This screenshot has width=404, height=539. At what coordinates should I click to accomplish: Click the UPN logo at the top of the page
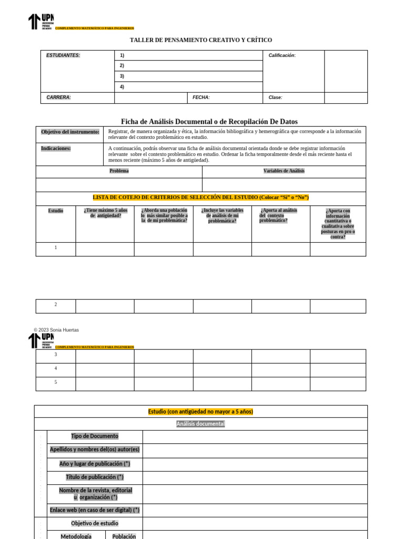pos(41,22)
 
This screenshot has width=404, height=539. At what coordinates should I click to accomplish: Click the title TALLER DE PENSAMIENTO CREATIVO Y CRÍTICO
pos(201,40)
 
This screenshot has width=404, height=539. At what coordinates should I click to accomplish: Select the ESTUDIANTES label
pos(63,55)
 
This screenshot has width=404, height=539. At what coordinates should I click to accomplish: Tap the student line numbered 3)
pos(122,76)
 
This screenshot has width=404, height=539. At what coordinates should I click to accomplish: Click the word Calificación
pos(282,55)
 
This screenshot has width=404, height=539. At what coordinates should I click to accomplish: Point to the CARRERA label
pos(58,97)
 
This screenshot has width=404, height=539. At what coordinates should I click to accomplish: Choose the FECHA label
pos(201,97)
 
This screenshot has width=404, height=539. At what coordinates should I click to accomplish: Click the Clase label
pos(275,97)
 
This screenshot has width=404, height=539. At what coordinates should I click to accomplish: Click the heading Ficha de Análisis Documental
pos(209,122)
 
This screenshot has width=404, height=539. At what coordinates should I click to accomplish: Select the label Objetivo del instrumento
pos(70,132)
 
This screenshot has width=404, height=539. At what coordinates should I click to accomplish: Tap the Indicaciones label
pos(56,148)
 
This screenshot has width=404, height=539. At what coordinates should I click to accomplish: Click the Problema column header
pos(119,171)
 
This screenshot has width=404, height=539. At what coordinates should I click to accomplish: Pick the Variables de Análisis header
pos(284,171)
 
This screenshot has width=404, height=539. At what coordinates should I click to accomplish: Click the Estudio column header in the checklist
pos(56,211)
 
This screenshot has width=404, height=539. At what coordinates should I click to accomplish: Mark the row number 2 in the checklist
pos(56,305)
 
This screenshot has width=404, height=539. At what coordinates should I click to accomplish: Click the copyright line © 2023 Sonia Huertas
pos(56,330)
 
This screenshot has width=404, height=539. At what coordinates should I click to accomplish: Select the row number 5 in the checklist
pos(56,382)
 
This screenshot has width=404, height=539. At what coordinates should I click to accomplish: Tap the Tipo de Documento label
pos(95,436)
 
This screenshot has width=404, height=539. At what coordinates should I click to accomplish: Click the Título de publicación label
pos(95,477)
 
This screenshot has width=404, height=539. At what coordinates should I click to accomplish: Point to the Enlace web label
pos(95,510)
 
